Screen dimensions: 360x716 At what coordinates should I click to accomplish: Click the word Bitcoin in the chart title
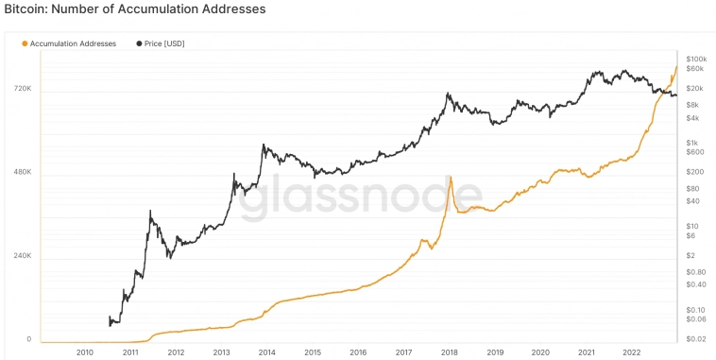coord(28,9)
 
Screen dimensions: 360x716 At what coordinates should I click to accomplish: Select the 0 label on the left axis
coord(28,339)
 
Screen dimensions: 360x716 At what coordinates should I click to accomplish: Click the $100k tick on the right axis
coord(697,59)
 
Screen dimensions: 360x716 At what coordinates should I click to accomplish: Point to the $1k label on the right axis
coord(693,142)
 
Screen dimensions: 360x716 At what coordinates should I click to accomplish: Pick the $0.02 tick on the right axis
coord(696,338)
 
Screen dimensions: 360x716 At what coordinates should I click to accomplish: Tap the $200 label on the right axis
coord(694,172)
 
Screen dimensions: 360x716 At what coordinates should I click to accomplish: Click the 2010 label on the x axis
coord(85,352)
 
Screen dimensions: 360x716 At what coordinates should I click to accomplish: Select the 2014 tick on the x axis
coord(267,352)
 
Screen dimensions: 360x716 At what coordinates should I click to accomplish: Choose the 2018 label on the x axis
coord(450,352)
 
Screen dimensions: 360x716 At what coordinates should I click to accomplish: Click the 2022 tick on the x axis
coord(632,352)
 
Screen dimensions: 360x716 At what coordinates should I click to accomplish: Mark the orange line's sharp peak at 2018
coord(451,177)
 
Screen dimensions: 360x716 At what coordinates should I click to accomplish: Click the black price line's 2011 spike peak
coord(150,212)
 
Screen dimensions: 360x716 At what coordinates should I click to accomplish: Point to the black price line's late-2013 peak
coord(264,145)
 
